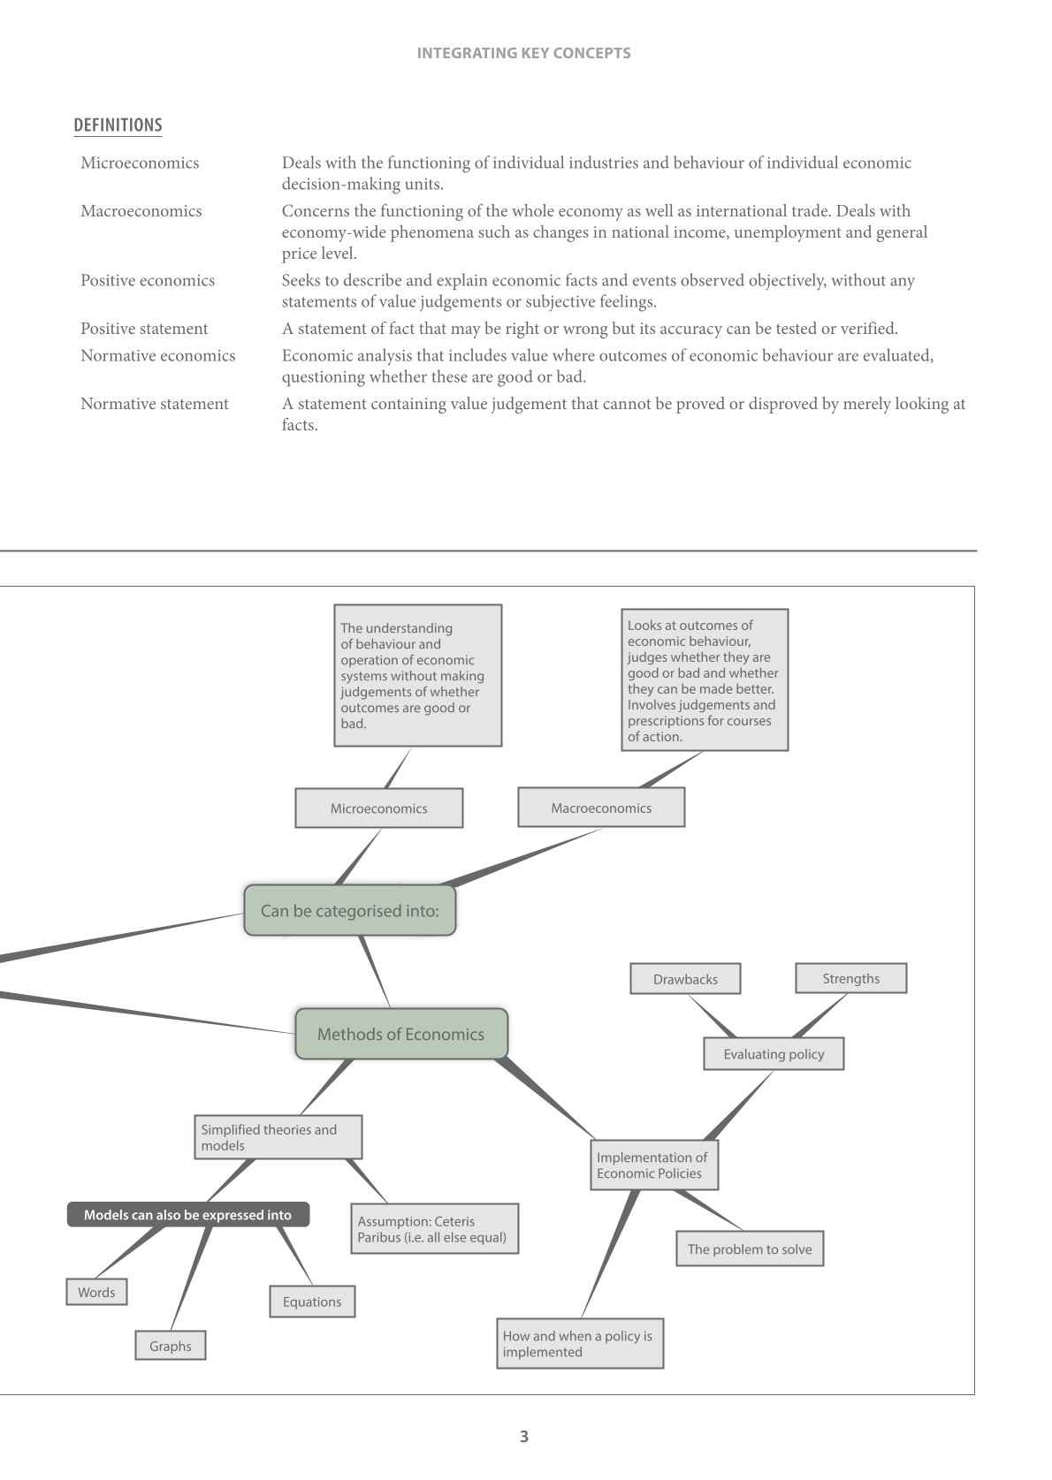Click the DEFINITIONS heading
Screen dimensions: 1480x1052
click(118, 125)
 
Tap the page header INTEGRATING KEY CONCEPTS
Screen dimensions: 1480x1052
click(523, 53)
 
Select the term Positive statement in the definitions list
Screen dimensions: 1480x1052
click(144, 329)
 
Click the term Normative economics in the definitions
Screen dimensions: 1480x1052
click(157, 355)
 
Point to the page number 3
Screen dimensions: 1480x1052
click(524, 1437)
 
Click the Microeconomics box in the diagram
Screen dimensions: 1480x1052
click(378, 808)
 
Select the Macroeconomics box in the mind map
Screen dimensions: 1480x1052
click(601, 808)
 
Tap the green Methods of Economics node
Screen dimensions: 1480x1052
click(401, 1034)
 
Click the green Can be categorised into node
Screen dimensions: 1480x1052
click(350, 910)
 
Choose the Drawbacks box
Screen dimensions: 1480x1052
click(685, 979)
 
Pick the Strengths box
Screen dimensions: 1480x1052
click(850, 978)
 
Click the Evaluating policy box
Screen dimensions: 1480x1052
click(774, 1054)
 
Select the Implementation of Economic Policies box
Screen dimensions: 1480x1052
click(653, 1165)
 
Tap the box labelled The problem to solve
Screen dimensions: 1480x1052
click(750, 1249)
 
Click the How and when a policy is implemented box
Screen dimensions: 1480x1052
click(579, 1344)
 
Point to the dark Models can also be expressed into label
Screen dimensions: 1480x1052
click(188, 1215)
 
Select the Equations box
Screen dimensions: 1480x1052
click(312, 1302)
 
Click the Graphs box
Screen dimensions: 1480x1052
click(171, 1346)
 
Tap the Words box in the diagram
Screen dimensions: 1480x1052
click(96, 1292)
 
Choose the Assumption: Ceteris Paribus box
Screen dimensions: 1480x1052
click(433, 1229)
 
